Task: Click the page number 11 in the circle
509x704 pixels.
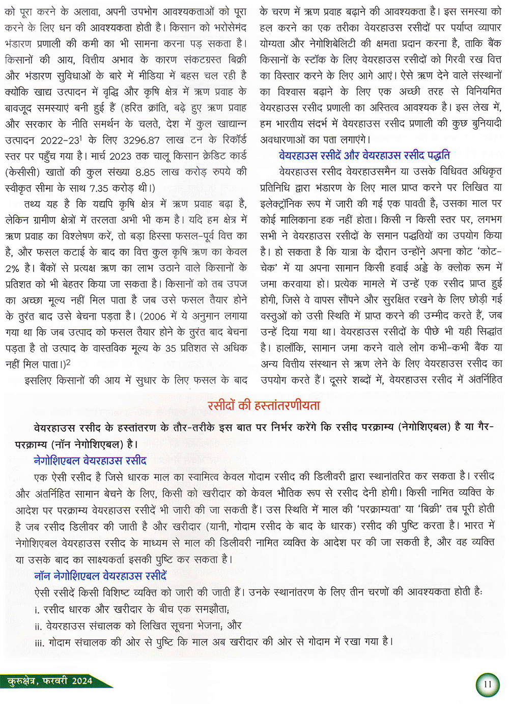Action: point(488,684)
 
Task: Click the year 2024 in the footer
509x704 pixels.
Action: point(82,681)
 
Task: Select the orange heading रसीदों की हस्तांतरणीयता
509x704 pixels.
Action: point(264,406)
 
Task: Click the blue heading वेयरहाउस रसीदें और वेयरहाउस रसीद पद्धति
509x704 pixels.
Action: point(364,155)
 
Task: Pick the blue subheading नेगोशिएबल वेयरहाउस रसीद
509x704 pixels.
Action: point(90,460)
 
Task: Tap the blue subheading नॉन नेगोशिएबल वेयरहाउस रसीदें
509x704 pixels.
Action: point(100,576)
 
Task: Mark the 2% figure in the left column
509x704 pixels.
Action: point(12,268)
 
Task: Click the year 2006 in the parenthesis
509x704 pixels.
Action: point(153,316)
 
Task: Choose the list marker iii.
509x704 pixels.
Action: point(39,642)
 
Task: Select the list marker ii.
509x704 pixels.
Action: point(38,626)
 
